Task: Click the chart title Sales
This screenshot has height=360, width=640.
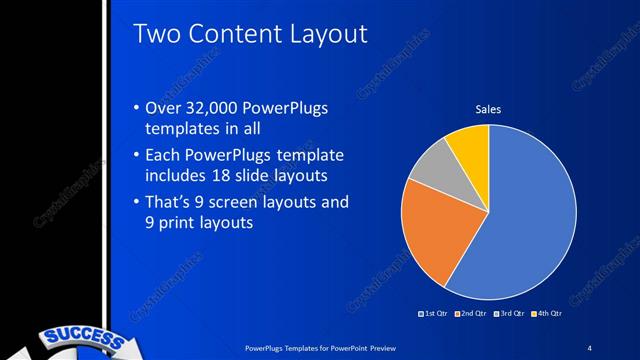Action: click(487, 109)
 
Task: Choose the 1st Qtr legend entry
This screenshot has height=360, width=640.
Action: click(434, 315)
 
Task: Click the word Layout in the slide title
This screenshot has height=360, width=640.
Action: click(325, 35)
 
